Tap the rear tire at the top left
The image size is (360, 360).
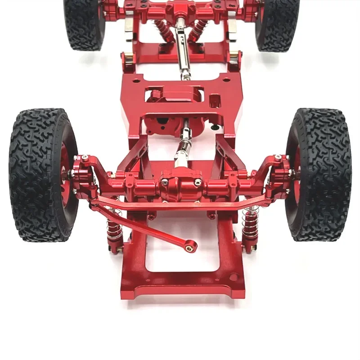[x=83, y=22]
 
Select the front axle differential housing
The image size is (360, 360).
[x=180, y=187]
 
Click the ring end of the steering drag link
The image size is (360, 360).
[x=192, y=246]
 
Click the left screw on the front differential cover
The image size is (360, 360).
[x=165, y=181]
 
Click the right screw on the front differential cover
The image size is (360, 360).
[x=198, y=182]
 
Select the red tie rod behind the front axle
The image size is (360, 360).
[x=180, y=205]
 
